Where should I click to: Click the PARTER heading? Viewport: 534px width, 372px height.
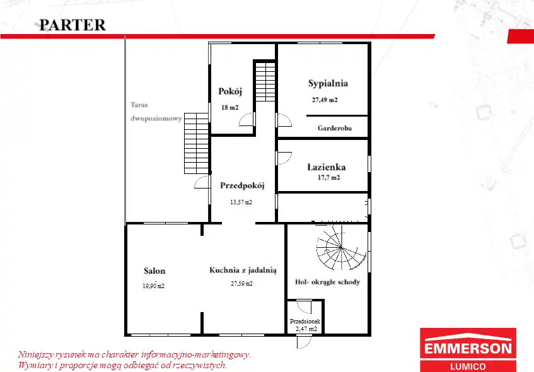[73, 25]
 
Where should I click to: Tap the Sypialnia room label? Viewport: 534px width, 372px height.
[328, 84]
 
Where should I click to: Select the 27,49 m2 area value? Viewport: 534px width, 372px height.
[325, 100]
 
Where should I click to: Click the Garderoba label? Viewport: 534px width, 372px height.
[334, 128]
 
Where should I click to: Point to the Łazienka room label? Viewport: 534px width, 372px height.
[326, 167]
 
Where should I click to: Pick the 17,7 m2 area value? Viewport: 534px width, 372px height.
[328, 177]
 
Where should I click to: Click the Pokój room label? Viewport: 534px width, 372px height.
[230, 91]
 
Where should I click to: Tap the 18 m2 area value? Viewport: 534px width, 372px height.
[230, 108]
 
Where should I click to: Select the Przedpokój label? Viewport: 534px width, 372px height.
[242, 185]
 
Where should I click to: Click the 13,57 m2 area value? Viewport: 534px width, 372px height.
[241, 202]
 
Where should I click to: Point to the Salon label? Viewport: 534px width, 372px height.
[154, 271]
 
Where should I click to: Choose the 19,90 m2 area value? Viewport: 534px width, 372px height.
[153, 286]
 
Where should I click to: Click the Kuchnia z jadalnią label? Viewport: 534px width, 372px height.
[243, 270]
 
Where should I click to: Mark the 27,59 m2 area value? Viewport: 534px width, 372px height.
[241, 284]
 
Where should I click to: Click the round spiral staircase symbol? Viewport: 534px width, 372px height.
[341, 248]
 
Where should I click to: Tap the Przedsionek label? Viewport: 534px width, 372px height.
[305, 321]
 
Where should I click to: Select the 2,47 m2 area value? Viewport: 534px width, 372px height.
[306, 329]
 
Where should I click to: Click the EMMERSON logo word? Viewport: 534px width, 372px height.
[468, 349]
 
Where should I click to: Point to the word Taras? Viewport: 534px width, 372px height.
[139, 105]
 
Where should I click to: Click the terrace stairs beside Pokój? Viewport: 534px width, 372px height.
[196, 143]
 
